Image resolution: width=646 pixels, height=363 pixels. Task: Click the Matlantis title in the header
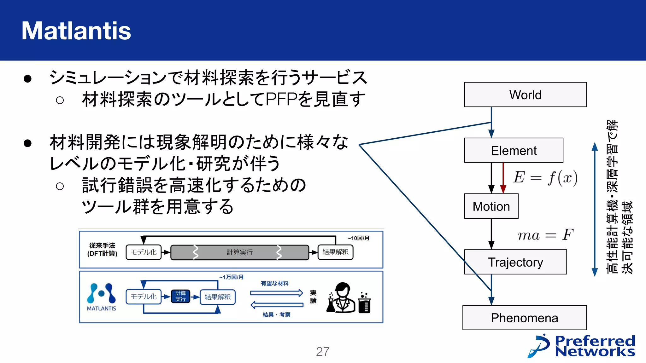pyautogui.click(x=76, y=31)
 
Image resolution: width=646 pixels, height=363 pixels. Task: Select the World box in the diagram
pyautogui.click(x=525, y=95)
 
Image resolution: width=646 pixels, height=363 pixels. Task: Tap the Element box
pyautogui.click(x=514, y=151)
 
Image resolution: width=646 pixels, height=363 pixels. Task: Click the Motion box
pyautogui.click(x=491, y=206)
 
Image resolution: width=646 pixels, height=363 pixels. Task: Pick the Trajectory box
pyautogui.click(x=515, y=262)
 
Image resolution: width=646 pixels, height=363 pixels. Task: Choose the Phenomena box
pyautogui.click(x=524, y=318)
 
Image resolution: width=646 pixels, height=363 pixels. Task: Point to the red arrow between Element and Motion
pyautogui.click(x=503, y=178)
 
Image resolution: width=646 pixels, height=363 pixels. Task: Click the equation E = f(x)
pyautogui.click(x=545, y=178)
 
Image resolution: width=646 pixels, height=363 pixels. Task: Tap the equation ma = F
pyautogui.click(x=545, y=235)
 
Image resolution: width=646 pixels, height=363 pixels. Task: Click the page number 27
pyautogui.click(x=322, y=352)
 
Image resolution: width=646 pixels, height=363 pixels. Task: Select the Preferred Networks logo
pyautogui.click(x=581, y=346)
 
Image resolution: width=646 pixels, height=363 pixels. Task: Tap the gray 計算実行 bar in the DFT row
pyautogui.click(x=239, y=252)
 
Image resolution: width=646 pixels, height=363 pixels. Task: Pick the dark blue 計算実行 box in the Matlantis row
pyautogui.click(x=180, y=296)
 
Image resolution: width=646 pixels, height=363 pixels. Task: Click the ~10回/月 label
pyautogui.click(x=358, y=238)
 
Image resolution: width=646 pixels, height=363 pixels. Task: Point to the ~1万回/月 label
pyautogui.click(x=231, y=277)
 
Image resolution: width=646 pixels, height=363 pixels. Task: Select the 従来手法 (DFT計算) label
pyautogui.click(x=102, y=249)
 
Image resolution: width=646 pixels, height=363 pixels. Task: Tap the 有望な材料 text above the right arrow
pyautogui.click(x=274, y=283)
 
